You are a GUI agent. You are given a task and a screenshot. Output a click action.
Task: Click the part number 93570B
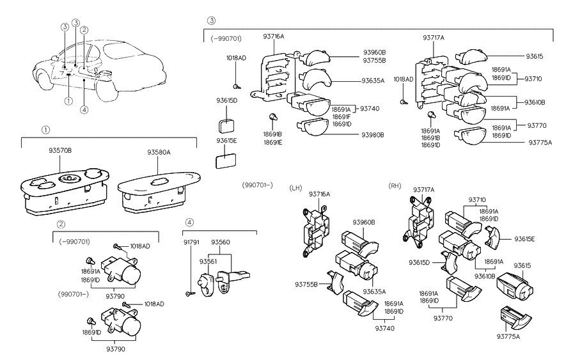(x=60, y=151)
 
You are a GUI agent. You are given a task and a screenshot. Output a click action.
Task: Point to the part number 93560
(x=221, y=242)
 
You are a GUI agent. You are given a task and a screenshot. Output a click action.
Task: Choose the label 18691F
(x=341, y=116)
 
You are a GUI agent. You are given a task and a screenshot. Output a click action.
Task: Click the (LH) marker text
(x=295, y=187)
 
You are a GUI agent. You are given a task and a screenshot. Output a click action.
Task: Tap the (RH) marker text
(x=395, y=185)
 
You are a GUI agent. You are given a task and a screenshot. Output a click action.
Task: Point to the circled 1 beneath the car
(x=68, y=100)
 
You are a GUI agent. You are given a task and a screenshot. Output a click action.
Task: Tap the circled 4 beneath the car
(x=84, y=109)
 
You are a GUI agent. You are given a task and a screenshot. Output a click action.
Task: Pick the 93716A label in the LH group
(x=318, y=194)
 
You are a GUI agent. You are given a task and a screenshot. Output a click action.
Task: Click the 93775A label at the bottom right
(x=510, y=336)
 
